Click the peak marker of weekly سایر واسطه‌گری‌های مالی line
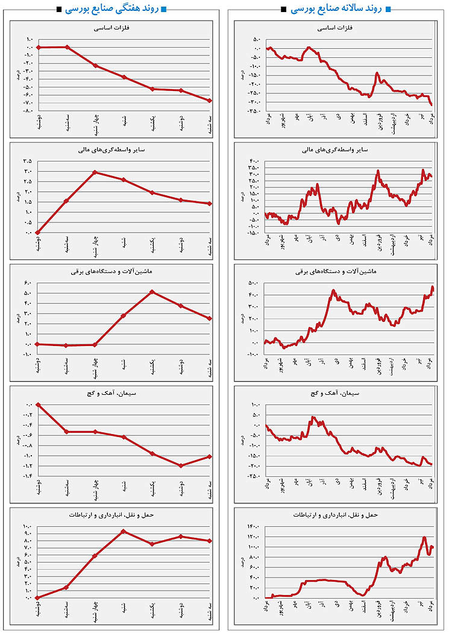click(95, 172)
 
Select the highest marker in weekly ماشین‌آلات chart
click(152, 292)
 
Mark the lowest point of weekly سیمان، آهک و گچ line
click(181, 465)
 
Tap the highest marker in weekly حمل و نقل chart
click(124, 531)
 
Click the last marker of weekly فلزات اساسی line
click(209, 101)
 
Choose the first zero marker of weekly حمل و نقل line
click(38, 597)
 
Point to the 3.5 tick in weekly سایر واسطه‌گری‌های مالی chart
click(28, 161)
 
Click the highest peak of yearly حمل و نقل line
click(425, 537)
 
